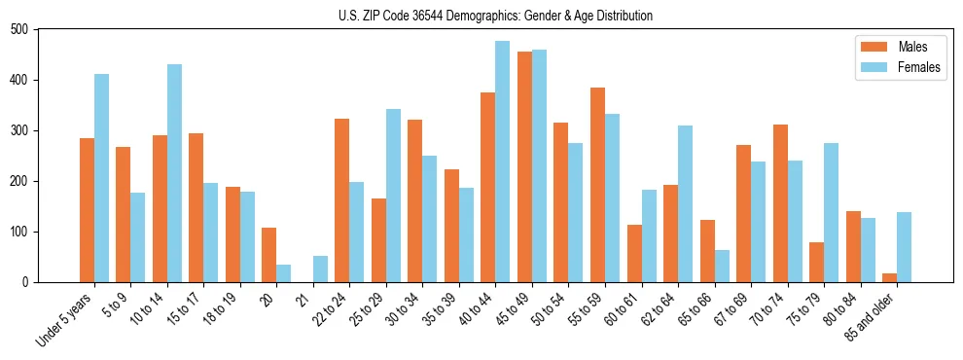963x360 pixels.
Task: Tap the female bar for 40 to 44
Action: [x=502, y=162]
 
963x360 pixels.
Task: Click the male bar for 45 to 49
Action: [x=524, y=166]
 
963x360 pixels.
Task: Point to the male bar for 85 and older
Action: [x=889, y=277]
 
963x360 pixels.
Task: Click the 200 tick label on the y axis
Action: [x=18, y=181]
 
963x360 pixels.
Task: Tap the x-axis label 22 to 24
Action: [x=329, y=308]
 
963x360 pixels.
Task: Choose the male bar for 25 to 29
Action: [x=378, y=240]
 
